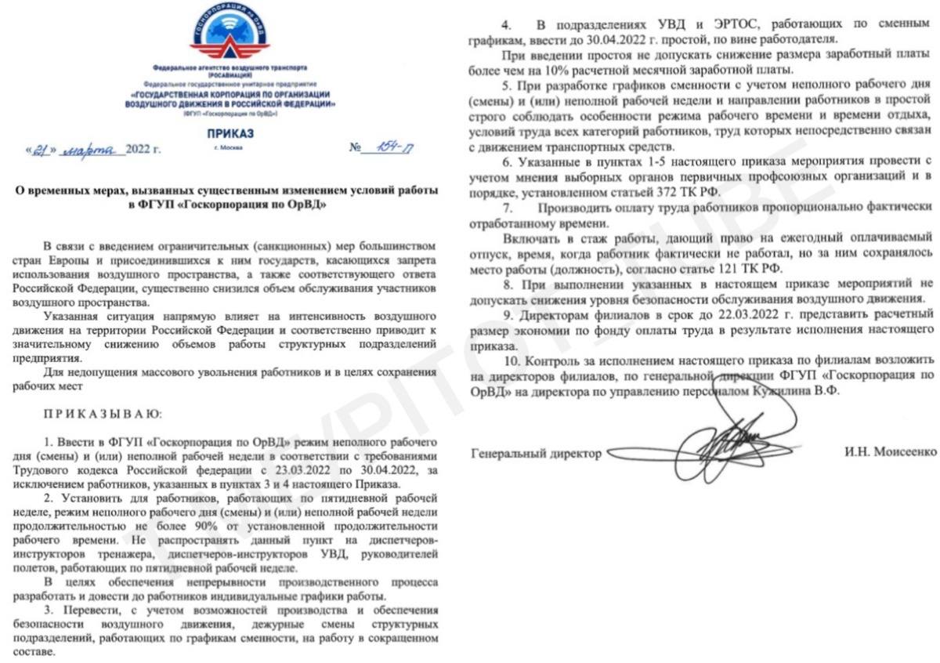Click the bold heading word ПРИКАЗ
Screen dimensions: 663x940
click(x=230, y=134)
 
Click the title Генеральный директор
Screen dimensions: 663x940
click(x=537, y=453)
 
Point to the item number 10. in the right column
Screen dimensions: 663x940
click(x=514, y=362)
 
